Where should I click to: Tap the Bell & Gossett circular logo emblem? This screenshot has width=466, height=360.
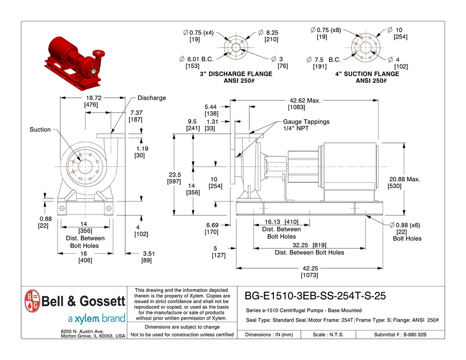click(31, 301)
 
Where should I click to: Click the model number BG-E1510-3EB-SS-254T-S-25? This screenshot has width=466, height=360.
click(315, 296)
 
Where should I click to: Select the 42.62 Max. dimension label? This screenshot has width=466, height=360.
click(305, 100)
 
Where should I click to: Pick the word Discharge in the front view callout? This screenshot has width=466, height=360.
click(152, 98)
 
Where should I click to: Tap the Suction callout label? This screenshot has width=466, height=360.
click(40, 129)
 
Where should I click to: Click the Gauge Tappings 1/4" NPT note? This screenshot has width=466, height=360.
click(305, 125)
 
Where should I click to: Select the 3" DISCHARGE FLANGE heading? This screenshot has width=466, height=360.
click(236, 74)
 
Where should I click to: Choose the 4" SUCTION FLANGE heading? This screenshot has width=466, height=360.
click(367, 74)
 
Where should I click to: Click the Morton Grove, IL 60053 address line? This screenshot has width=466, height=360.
click(93, 336)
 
